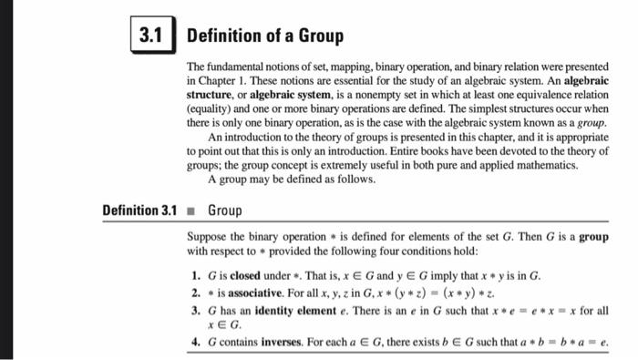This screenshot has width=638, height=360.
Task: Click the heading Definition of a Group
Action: tap(265, 36)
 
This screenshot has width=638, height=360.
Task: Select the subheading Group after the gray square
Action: tap(225, 211)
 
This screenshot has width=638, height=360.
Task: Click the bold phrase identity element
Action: tap(293, 310)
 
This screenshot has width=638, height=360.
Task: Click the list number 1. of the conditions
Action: tap(196, 274)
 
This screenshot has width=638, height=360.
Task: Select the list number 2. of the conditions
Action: tap(196, 293)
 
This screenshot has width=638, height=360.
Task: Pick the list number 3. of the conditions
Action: tap(196, 310)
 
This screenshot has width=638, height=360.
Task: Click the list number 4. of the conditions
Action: tap(196, 342)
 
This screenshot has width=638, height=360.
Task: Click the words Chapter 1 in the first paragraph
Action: tap(219, 80)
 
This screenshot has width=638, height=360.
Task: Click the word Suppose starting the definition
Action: tap(209, 236)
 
